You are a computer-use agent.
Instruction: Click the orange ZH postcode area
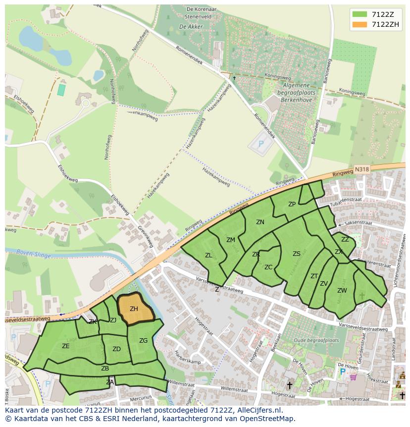click(x=135, y=309)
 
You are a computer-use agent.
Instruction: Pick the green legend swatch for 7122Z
click(x=360, y=14)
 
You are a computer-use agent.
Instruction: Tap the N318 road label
click(x=362, y=170)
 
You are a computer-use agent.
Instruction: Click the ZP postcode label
click(x=292, y=204)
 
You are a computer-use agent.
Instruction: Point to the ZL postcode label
click(x=208, y=255)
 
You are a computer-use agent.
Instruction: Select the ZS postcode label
click(x=296, y=254)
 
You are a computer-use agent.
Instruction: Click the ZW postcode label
click(x=342, y=291)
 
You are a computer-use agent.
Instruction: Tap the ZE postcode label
click(x=66, y=346)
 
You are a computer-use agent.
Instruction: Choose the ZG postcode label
click(x=143, y=341)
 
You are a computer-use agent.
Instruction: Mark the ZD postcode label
click(x=116, y=349)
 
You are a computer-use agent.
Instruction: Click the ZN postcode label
click(x=260, y=222)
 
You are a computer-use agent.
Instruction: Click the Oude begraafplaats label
click(x=316, y=341)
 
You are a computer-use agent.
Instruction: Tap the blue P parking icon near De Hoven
click(x=342, y=371)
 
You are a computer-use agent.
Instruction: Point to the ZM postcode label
click(x=231, y=240)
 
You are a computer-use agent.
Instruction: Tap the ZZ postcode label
click(x=345, y=240)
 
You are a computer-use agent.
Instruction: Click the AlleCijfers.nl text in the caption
click(x=256, y=411)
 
